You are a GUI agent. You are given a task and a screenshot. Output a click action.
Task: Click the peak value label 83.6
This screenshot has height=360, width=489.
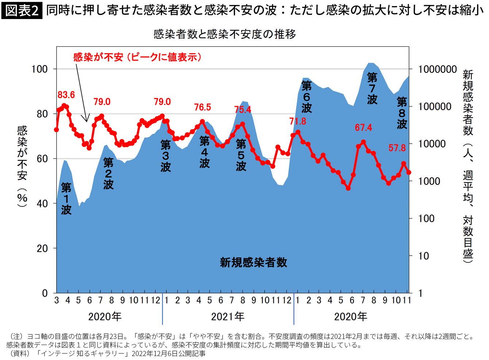(x=66, y=95)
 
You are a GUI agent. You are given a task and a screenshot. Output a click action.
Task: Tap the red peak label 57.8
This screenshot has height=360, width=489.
(x=397, y=148)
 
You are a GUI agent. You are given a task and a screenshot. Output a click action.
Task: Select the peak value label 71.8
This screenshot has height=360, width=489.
(x=298, y=121)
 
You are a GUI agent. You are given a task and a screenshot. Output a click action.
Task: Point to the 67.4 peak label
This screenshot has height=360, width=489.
(x=363, y=128)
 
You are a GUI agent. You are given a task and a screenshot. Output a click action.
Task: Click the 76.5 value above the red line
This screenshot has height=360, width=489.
(x=203, y=107)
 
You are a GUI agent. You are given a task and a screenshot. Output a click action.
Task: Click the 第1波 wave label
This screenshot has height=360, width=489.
(x=66, y=199)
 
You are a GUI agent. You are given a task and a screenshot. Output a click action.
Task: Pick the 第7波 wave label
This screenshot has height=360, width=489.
(x=372, y=88)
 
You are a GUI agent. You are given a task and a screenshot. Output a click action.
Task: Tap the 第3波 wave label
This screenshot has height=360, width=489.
(x=165, y=156)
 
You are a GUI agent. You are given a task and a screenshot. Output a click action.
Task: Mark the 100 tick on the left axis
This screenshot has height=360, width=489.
(x=40, y=69)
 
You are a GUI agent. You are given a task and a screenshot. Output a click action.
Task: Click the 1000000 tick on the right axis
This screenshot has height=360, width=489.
(x=435, y=69)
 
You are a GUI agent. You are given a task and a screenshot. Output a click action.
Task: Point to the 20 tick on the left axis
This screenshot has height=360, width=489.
(x=42, y=248)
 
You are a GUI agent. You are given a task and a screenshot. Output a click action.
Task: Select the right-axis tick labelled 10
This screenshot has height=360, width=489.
(x=424, y=256)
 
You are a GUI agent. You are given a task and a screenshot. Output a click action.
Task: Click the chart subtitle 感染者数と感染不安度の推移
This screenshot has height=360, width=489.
(x=225, y=34)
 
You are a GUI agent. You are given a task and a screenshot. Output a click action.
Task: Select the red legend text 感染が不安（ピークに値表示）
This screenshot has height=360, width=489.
(x=138, y=57)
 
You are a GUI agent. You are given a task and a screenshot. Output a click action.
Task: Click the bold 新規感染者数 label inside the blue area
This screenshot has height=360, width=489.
(x=254, y=262)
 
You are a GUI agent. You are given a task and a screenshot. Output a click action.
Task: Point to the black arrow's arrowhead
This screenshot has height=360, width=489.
(x=86, y=119)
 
